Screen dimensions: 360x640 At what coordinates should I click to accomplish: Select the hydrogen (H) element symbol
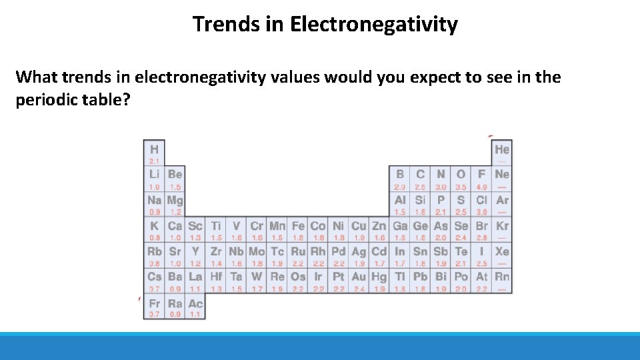point(154,149)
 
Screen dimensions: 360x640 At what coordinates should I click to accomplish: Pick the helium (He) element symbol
point(502,149)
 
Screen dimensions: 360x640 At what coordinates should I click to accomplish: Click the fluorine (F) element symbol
point(481,175)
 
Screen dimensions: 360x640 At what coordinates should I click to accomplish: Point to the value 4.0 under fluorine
point(481,187)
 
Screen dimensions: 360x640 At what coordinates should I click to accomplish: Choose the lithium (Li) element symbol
point(154,175)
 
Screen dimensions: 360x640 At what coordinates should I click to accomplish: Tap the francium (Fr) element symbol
point(154,303)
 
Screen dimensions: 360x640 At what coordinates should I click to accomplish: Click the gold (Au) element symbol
point(359,277)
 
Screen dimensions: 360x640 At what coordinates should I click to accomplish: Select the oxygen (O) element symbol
point(461,175)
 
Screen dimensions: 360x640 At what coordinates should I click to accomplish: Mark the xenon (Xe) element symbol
point(502,251)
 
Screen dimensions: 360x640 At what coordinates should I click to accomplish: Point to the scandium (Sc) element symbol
point(195,226)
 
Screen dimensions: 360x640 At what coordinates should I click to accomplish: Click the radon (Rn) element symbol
point(502,277)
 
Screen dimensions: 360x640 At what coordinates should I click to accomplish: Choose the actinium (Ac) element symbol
point(195,303)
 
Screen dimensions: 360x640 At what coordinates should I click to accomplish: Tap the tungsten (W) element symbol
point(257,277)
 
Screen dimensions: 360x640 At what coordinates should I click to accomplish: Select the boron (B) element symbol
point(400,175)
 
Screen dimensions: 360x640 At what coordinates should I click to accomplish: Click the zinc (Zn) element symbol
point(379,226)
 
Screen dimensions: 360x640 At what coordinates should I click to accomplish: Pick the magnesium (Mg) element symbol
point(175,200)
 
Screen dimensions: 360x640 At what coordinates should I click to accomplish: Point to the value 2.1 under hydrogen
point(154,161)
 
